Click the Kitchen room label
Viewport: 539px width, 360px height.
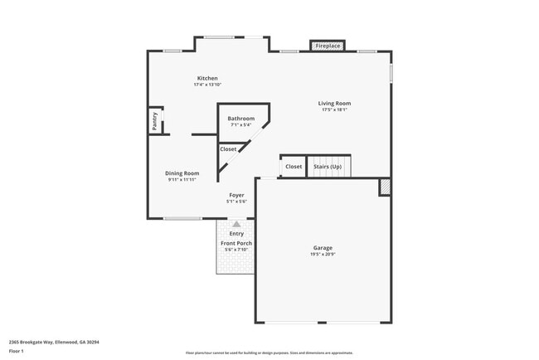(x=207, y=78)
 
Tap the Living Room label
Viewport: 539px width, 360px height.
(x=334, y=103)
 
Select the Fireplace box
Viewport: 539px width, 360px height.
(x=328, y=46)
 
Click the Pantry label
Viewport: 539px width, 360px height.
(x=155, y=121)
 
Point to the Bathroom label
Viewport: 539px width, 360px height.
(x=241, y=119)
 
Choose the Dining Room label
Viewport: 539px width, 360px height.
(x=182, y=173)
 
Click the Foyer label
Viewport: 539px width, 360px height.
(x=236, y=195)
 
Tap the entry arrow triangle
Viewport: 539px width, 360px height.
(x=237, y=224)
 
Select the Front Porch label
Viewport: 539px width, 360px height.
(x=236, y=243)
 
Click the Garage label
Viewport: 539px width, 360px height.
(x=323, y=248)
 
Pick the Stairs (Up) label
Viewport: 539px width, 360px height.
(x=328, y=167)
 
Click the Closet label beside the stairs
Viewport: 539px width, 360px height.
(x=294, y=167)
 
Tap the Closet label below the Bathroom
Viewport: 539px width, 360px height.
(x=228, y=149)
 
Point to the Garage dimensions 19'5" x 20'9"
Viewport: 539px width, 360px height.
(x=323, y=255)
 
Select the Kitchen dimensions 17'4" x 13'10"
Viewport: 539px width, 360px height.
(x=207, y=85)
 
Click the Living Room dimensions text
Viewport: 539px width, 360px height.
(x=334, y=109)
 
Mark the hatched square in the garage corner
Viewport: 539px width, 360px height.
(x=385, y=187)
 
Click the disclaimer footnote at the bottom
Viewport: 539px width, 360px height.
(x=269, y=353)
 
